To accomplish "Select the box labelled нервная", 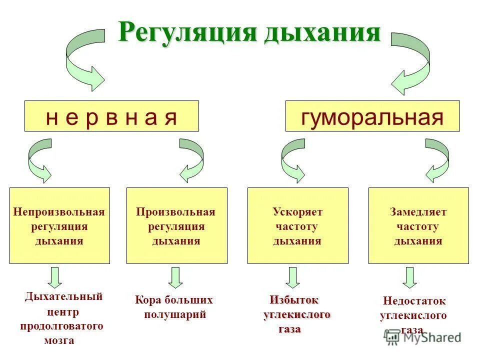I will click(x=111, y=116).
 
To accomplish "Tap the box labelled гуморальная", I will click(x=372, y=116).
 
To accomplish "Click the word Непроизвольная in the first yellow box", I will click(x=59, y=212).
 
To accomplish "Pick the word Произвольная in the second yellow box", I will click(x=176, y=212).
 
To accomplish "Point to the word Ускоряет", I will click(x=297, y=212).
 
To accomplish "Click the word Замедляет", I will click(x=418, y=212).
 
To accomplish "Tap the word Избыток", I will click(x=294, y=300).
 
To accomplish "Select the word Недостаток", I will click(x=414, y=301).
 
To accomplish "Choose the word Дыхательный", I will click(x=63, y=296).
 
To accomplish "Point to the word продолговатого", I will click(x=61, y=326).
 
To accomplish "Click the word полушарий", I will click(x=175, y=314).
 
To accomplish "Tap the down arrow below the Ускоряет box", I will click(x=293, y=277).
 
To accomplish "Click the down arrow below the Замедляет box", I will click(x=409, y=277).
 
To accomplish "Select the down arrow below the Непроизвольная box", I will click(x=55, y=277).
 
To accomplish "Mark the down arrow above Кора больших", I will click(x=175, y=277).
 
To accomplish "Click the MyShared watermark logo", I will click(x=423, y=337).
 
